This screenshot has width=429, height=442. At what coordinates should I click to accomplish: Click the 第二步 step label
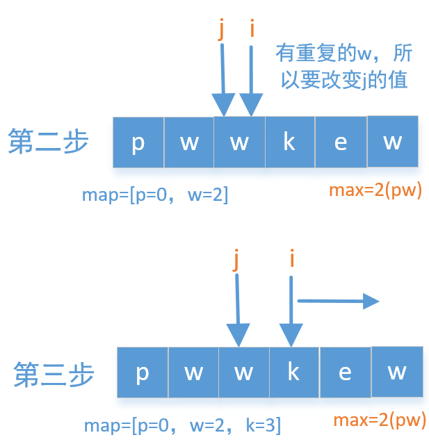(48, 142)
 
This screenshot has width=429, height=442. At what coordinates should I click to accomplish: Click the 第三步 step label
(54, 375)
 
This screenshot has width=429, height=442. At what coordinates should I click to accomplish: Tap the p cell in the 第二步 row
(138, 142)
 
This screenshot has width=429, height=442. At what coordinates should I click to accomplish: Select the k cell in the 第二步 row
(290, 142)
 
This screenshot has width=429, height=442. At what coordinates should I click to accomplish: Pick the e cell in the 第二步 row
(341, 142)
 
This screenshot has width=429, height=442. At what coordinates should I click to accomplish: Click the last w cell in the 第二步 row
(393, 141)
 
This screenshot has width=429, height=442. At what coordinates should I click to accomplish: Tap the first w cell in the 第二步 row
(189, 142)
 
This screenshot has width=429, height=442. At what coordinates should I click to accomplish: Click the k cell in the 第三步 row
(294, 373)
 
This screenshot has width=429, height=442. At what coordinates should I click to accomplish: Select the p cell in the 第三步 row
(143, 373)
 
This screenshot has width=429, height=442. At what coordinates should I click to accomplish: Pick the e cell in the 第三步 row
(345, 373)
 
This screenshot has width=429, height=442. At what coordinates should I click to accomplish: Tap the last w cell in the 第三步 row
(397, 372)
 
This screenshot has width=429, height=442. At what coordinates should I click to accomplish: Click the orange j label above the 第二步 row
(222, 30)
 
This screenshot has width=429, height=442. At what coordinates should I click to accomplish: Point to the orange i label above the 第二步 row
(252, 30)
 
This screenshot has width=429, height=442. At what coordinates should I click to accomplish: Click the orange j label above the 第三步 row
(237, 260)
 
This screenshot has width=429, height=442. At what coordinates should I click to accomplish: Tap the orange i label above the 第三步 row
(291, 260)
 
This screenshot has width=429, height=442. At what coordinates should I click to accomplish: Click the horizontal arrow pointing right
(338, 301)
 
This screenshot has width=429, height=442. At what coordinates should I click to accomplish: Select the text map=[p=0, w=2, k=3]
(182, 424)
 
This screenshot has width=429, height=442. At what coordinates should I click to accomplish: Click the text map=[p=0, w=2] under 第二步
(155, 194)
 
